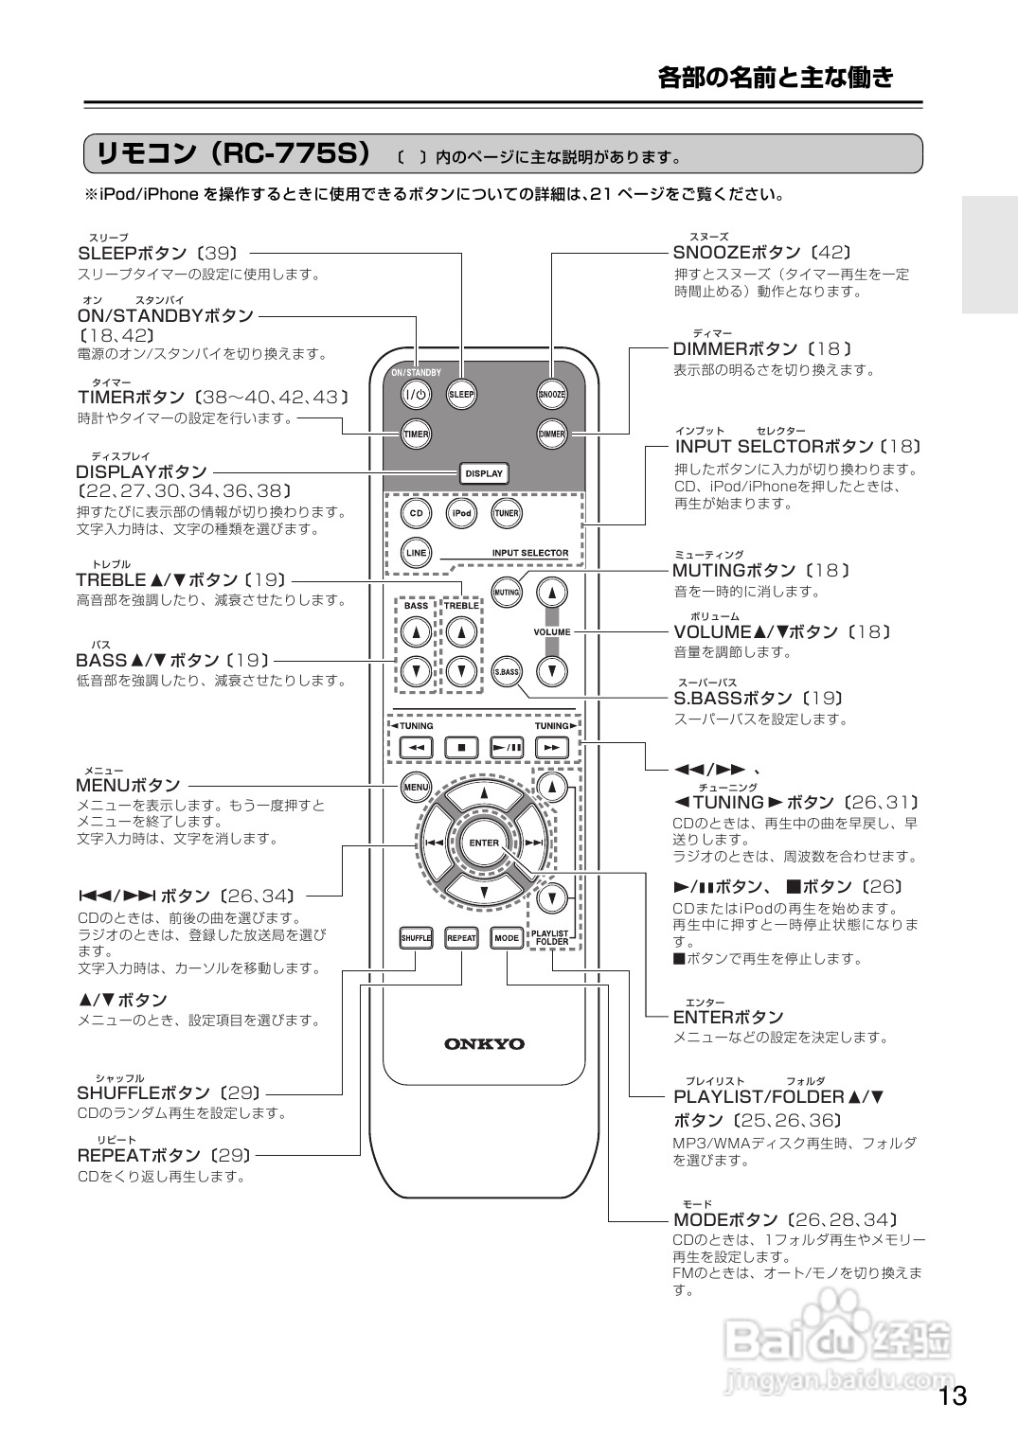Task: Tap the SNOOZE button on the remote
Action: [552, 394]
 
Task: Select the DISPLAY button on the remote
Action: [484, 473]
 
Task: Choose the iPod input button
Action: [461, 514]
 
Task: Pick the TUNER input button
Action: [506, 514]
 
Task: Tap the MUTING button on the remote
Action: [507, 593]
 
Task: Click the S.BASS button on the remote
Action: [507, 671]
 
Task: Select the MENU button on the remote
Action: [416, 787]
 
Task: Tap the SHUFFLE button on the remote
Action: [416, 938]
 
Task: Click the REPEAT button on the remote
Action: [461, 938]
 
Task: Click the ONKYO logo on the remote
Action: [484, 1044]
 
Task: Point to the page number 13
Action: [953, 1396]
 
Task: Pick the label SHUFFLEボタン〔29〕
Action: [169, 1092]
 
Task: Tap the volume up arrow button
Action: [552, 593]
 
